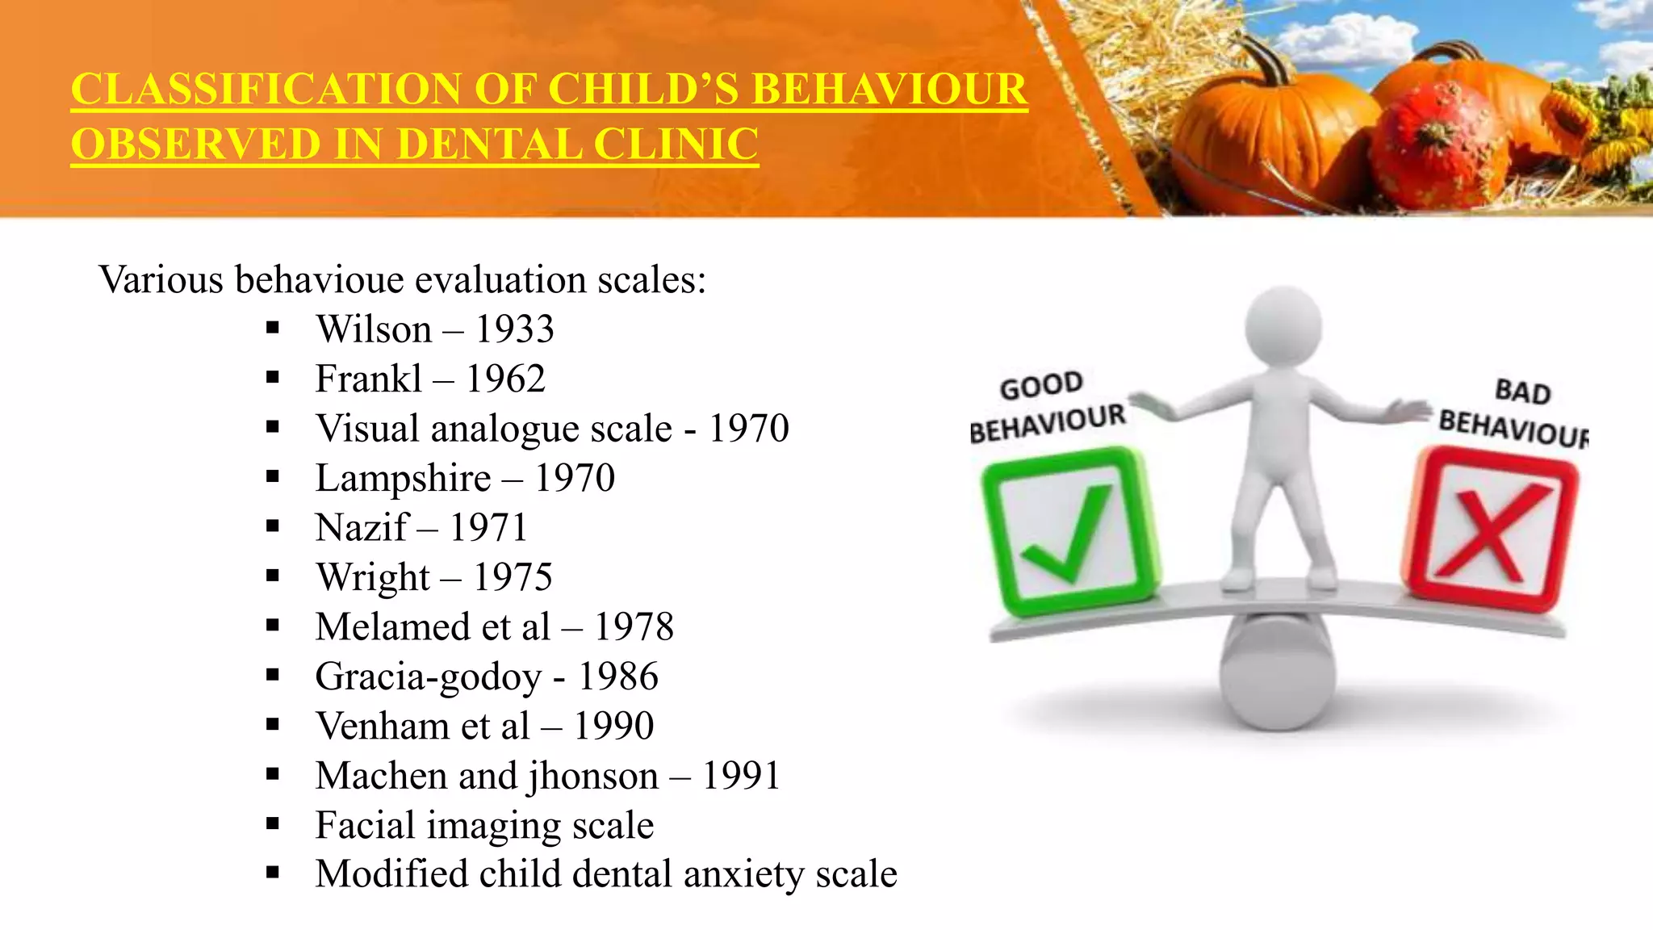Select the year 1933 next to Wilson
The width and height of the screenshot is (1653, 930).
[514, 329]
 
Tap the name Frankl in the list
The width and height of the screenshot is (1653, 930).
[368, 379]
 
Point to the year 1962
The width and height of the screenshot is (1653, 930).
[505, 379]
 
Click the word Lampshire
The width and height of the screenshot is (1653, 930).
[403, 478]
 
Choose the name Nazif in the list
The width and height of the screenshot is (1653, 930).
[362, 528]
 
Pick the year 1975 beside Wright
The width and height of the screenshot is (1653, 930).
[513, 577]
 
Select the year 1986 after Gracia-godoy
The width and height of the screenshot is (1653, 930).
[618, 677]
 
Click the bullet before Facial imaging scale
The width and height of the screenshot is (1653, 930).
[273, 824]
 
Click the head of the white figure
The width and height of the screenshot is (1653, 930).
[1283, 327]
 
